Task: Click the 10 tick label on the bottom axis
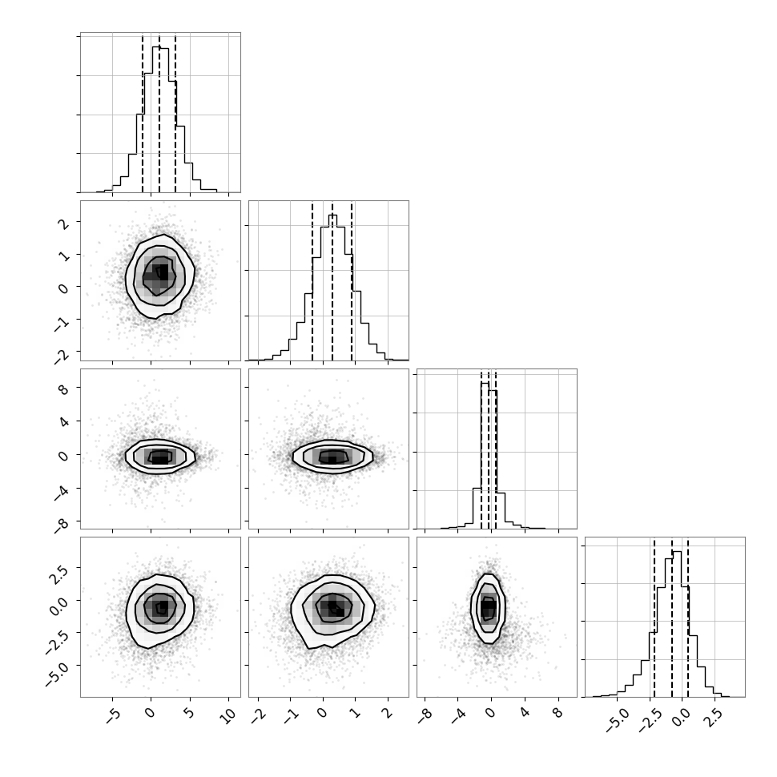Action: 228,715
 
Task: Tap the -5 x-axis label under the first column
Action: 113,715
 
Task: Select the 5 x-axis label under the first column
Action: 189,714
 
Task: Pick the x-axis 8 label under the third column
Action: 558,714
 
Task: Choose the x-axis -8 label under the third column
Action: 425,715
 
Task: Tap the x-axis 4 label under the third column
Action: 525,714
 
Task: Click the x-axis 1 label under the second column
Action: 355,714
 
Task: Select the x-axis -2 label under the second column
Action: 258,715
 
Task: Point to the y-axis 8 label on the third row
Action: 63,388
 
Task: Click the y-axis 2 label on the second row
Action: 63,223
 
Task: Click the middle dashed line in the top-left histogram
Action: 159,114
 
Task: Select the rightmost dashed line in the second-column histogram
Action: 352,282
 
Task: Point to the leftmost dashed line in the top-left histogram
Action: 143,114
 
